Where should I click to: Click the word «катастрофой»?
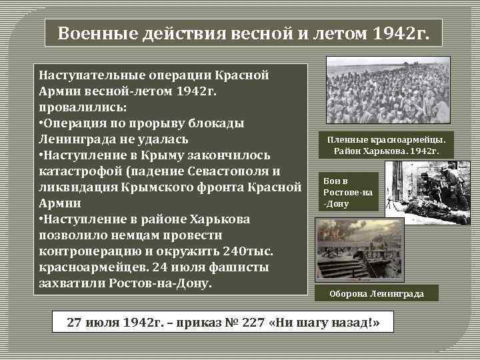pos(88,171)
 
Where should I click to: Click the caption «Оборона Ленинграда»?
pos(377,293)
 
